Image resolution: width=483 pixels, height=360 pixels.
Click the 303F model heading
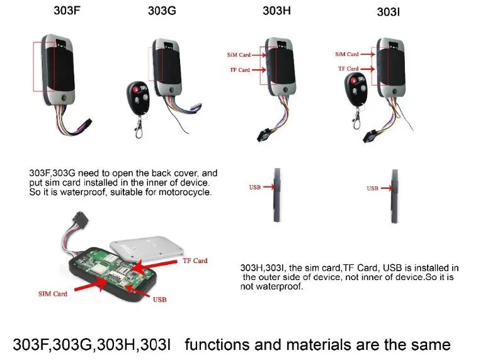coord(67,11)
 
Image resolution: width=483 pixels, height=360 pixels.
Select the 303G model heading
coord(162,11)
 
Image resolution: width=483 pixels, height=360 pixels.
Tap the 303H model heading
coord(276,11)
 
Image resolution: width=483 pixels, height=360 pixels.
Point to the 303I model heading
coord(389,12)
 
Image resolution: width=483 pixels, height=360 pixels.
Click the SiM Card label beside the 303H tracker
coord(239,55)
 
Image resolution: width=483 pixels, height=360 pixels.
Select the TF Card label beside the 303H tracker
coord(240,70)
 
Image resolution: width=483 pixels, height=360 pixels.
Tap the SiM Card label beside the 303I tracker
coord(347,54)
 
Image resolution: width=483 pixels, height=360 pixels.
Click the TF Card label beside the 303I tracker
coord(348,69)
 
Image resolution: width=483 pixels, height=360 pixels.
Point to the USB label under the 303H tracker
coord(255,187)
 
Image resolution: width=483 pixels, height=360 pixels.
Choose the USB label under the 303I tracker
coord(372,188)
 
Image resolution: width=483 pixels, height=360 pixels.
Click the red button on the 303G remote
coord(135,89)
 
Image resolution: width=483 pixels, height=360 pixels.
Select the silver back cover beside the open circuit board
coord(147,248)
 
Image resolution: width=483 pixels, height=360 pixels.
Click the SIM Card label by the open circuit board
coord(53,294)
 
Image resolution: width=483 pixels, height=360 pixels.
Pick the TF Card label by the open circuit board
coord(195,261)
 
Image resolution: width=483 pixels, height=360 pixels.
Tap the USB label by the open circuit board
coord(159,300)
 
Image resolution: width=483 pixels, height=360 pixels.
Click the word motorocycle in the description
coord(185,192)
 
